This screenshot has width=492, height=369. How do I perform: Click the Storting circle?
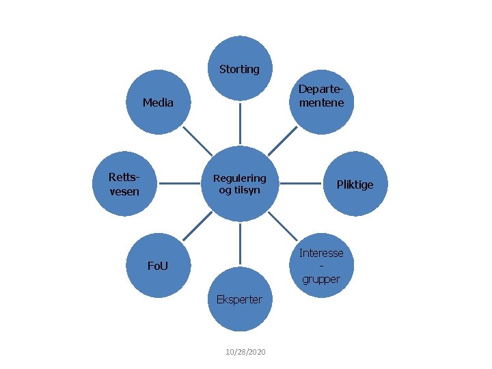pos(240,68)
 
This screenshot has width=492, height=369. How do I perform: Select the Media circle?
pos(159,102)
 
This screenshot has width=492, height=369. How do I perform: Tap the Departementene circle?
pos(321,96)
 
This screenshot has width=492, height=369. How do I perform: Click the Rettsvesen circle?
pos(124,184)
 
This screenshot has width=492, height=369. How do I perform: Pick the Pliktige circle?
pos(355,184)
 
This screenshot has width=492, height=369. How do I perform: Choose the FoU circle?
pos(159,265)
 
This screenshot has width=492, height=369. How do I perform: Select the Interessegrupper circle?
pos(321,266)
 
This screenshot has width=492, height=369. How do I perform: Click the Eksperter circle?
pos(240,299)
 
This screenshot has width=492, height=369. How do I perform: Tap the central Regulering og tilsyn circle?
pos(240,184)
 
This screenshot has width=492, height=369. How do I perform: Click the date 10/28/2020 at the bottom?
pos(245,351)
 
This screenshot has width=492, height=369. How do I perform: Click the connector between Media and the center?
pos(197,141)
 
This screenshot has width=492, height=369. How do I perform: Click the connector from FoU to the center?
pos(197,226)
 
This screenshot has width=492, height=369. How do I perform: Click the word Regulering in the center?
pos(240,178)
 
